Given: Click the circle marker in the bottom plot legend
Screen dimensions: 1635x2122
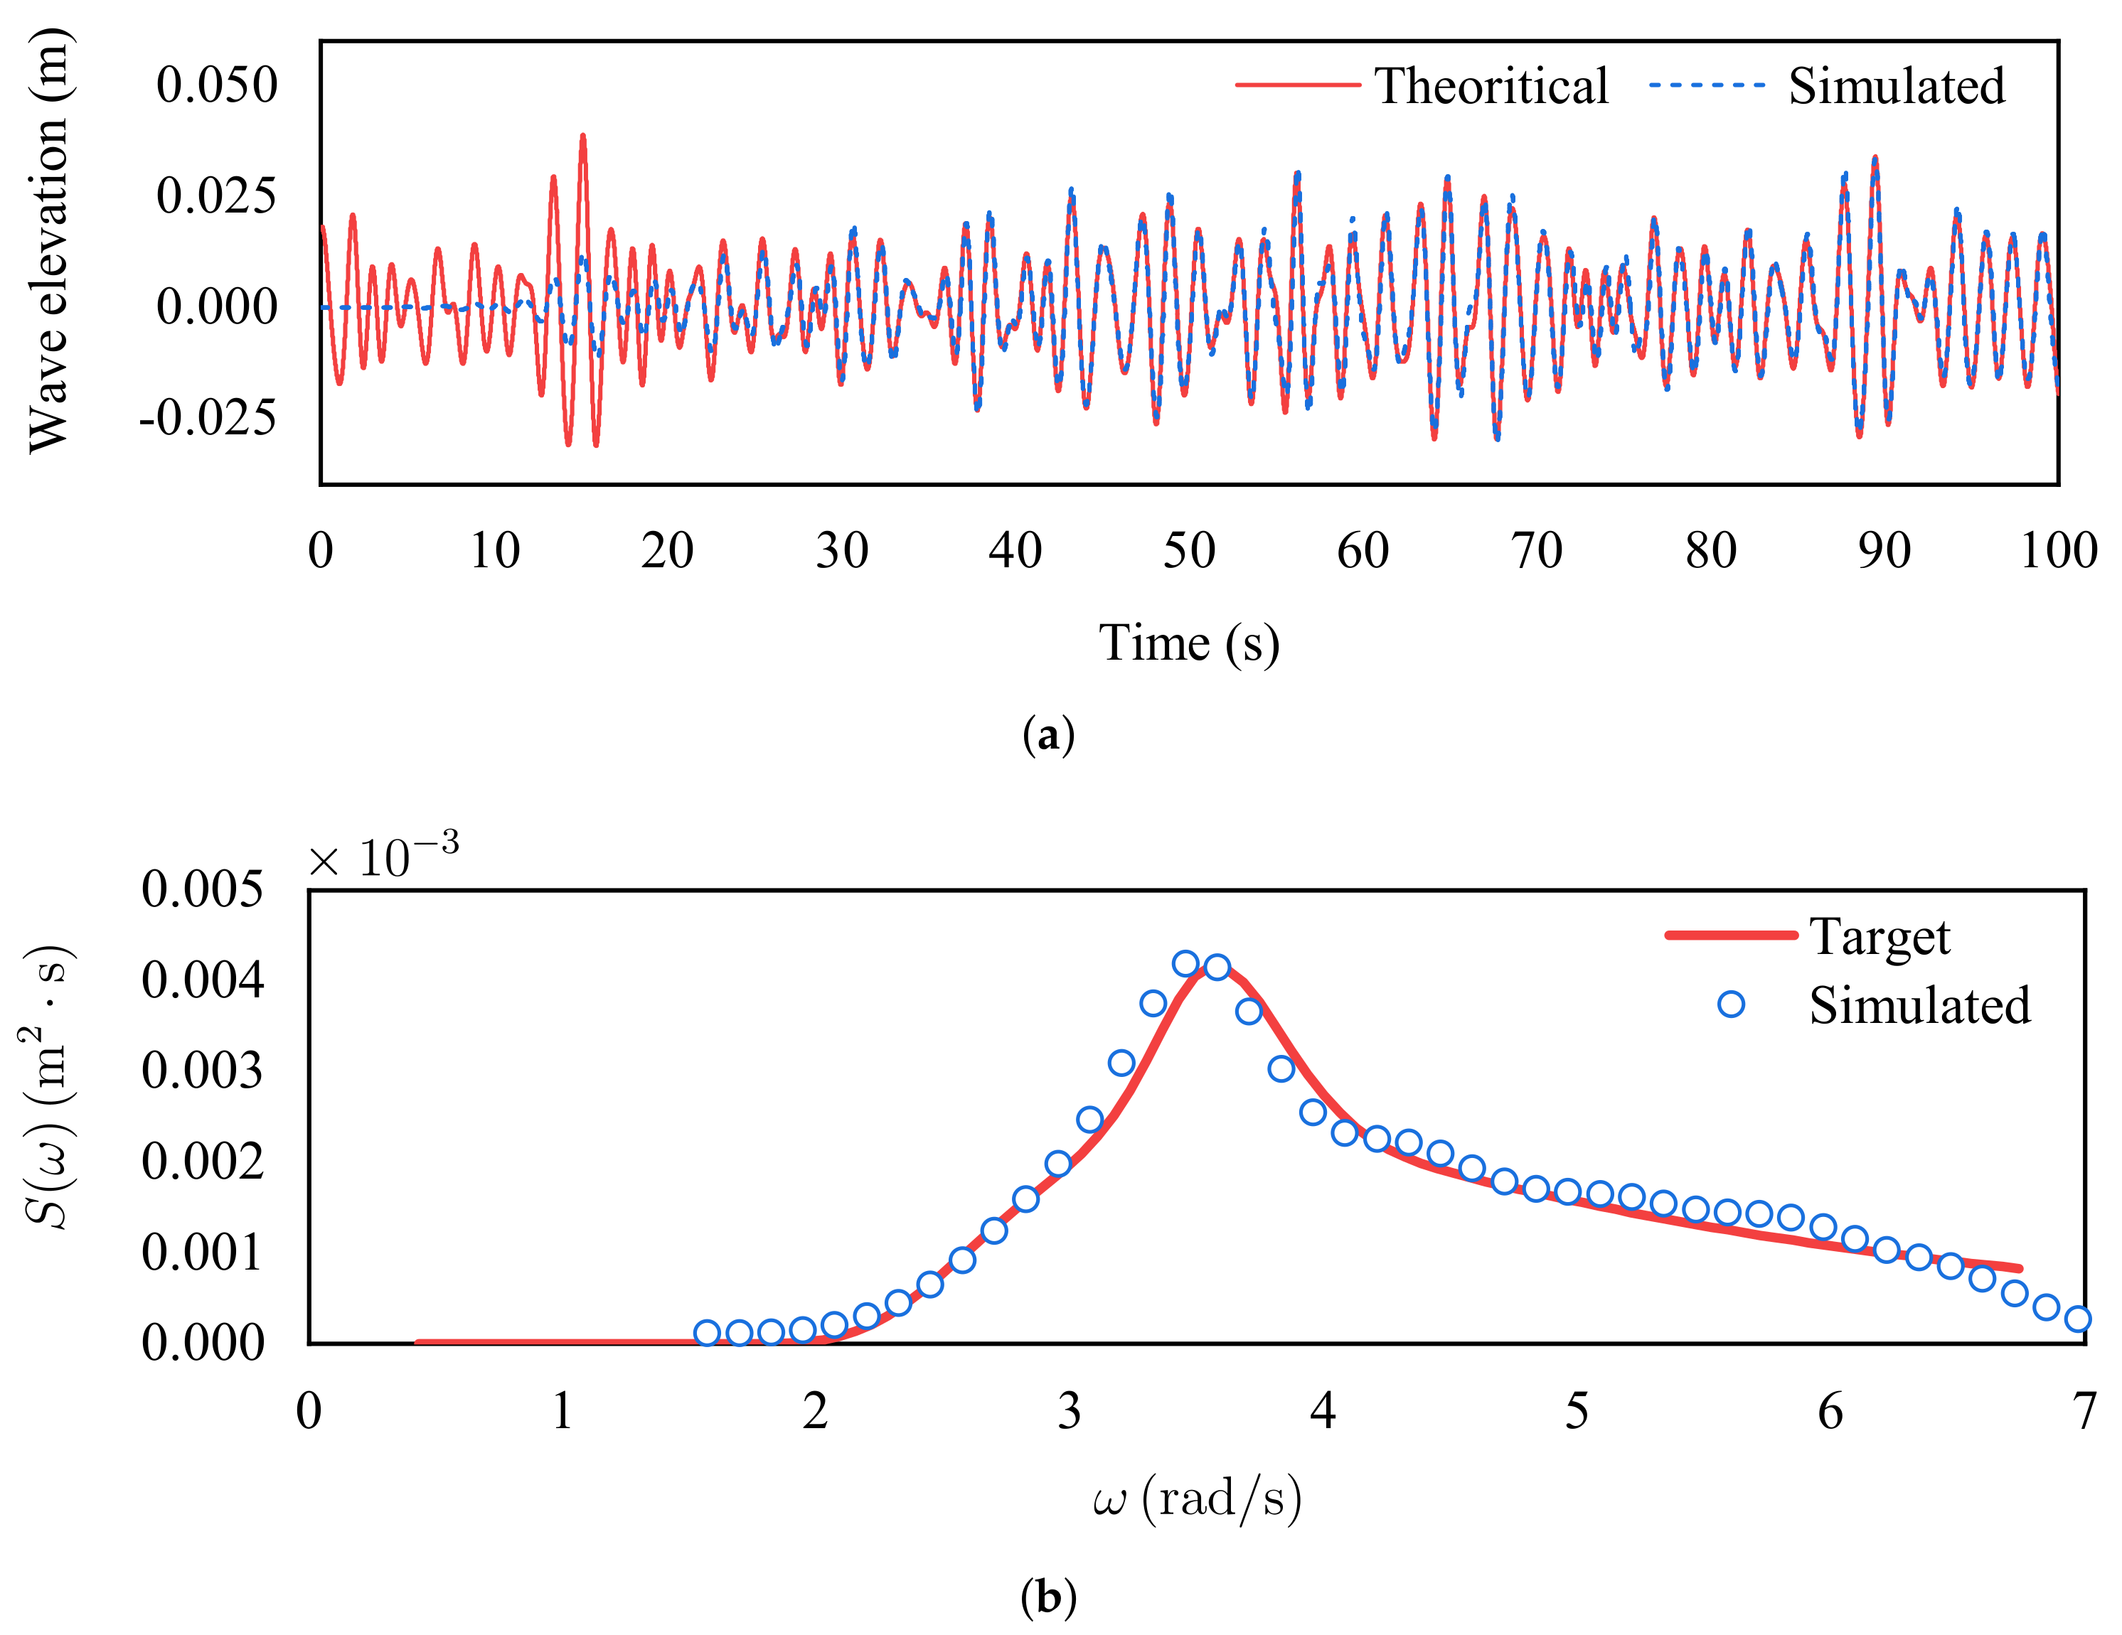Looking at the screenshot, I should click(x=1730, y=1004).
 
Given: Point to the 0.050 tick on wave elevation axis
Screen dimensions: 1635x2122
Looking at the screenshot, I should click(x=217, y=85).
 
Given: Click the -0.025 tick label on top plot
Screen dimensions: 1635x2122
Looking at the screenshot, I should click(x=207, y=418).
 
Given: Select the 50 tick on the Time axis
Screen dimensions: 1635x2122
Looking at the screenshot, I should click(x=1188, y=551).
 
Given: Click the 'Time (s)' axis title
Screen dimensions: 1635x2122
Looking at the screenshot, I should click(x=1188, y=643).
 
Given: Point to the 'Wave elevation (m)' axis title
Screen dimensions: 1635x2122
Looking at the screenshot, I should click(x=48, y=241).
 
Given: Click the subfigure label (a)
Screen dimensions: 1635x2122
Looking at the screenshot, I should click(x=1048, y=736).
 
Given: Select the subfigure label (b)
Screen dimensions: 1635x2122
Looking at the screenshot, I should click(x=1048, y=1596).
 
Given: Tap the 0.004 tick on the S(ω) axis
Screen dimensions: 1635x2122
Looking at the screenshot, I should click(x=202, y=980).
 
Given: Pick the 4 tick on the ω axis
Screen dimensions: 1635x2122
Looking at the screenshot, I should click(x=1323, y=1410).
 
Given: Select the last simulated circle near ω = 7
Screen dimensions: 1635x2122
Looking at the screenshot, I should click(x=2077, y=1318).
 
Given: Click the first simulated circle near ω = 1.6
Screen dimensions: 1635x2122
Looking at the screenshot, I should click(x=708, y=1333).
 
